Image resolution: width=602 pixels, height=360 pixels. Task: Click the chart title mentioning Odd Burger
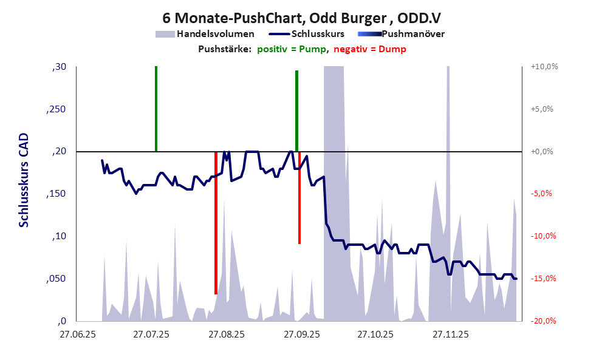pos(301,18)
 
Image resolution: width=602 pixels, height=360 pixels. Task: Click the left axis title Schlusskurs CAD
pos(24,181)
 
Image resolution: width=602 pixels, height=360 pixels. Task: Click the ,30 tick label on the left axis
pos(59,67)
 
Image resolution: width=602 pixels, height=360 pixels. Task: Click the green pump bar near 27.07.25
pos(156,109)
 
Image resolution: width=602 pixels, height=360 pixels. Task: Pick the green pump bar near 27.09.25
pos(296,111)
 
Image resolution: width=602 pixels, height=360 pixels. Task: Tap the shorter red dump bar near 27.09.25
pos(299,198)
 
